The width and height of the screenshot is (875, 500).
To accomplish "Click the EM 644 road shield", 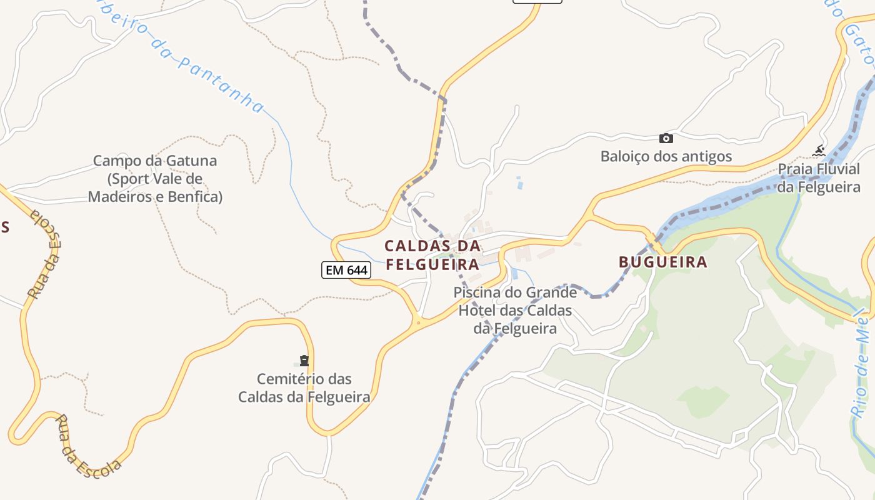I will (x=346, y=270).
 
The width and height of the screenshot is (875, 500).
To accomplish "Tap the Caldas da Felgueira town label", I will (x=432, y=254).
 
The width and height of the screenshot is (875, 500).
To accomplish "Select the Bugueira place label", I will (x=662, y=262).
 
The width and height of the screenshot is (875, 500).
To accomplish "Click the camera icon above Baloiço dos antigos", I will (x=666, y=138).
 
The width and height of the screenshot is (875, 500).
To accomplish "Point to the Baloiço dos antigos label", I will (x=666, y=156).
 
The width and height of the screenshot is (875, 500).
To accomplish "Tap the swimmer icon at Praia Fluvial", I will (x=818, y=151).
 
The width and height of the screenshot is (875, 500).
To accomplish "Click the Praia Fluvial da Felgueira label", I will (x=819, y=178).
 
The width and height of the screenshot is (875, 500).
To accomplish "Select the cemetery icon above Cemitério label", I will (x=304, y=361).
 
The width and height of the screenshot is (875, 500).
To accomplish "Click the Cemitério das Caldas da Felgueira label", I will (x=304, y=387).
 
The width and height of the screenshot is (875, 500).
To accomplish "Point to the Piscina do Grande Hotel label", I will (x=515, y=310).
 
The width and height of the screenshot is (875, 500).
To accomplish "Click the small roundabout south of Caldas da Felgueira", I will (x=418, y=323).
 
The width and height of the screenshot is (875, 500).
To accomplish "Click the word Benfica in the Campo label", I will (x=193, y=197).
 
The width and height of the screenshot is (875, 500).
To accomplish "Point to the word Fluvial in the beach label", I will (x=836, y=169).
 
